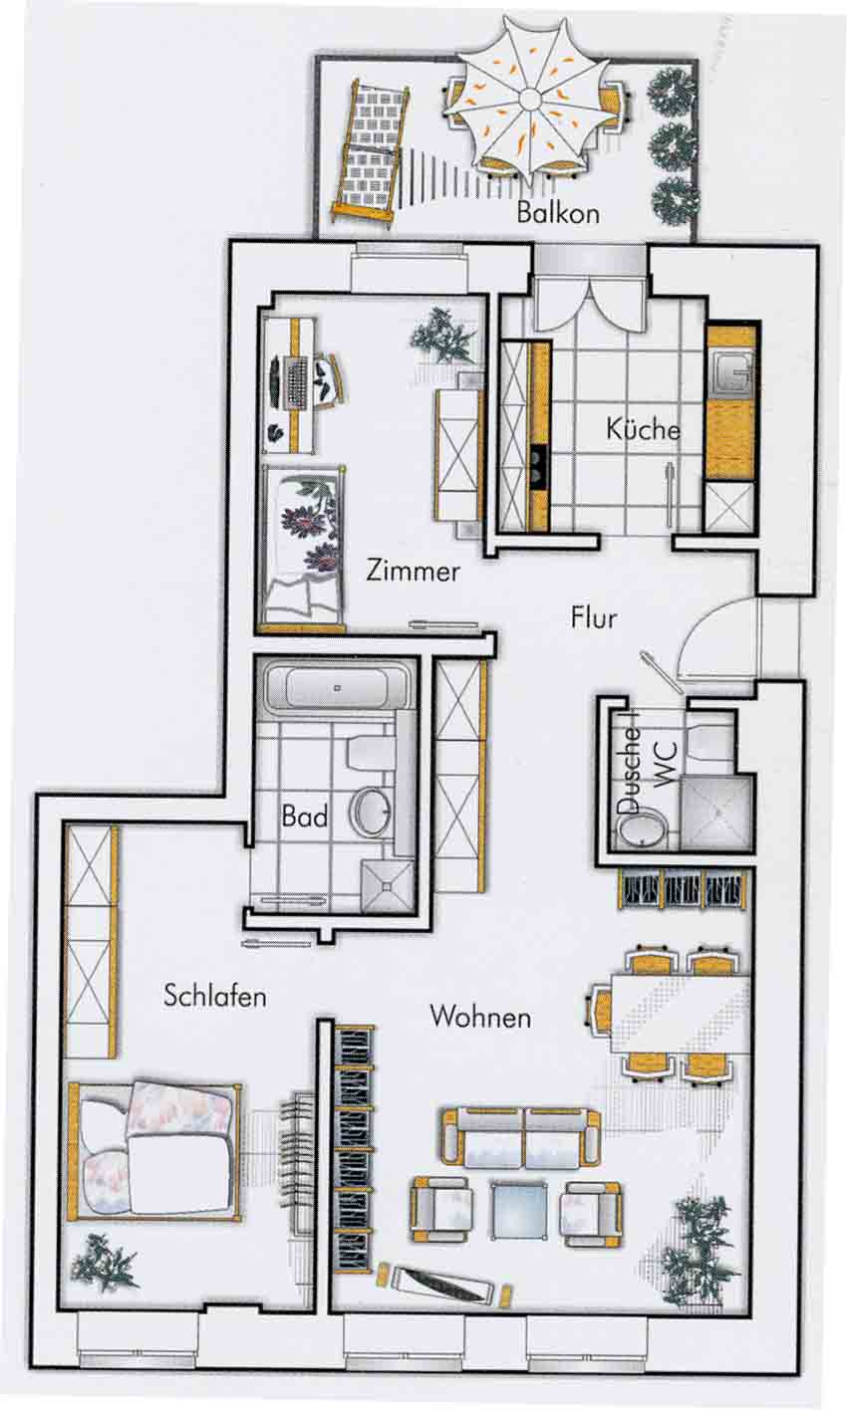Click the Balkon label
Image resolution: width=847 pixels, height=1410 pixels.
557,213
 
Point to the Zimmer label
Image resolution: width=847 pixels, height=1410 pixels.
414,572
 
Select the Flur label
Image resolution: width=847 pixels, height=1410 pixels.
594,617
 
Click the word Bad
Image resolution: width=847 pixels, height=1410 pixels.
305,817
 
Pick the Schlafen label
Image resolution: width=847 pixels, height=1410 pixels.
215,997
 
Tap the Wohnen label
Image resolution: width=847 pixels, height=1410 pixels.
480,1017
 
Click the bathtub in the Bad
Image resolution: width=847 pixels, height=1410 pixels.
337,688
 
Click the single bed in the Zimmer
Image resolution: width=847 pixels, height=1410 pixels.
303,548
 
